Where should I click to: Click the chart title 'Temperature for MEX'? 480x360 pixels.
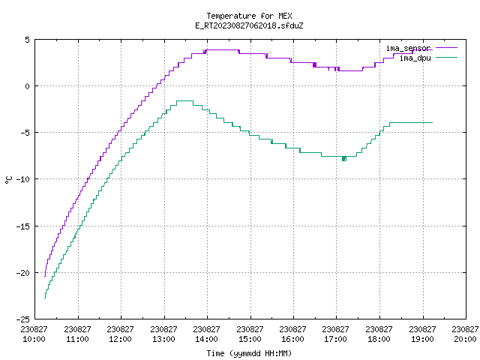click(249, 16)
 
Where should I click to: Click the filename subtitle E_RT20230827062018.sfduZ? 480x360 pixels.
click(249, 25)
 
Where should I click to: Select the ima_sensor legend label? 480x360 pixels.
click(408, 48)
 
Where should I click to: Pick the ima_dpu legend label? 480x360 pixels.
click(415, 58)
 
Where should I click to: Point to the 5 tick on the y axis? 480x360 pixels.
click(28, 40)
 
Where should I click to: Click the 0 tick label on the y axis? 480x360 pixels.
click(28, 86)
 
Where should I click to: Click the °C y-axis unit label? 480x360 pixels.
click(8, 180)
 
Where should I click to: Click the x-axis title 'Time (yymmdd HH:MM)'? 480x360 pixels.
click(249, 353)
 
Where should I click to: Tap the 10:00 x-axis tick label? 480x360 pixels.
click(34, 339)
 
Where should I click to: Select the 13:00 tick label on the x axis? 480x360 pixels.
click(163, 339)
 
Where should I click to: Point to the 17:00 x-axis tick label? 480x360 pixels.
click(335, 339)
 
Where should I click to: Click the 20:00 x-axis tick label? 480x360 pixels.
click(465, 339)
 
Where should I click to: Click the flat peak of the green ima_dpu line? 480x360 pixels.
click(185, 100)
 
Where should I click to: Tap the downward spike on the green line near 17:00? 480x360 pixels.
click(344, 159)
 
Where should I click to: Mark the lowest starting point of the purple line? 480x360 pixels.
click(45, 276)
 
